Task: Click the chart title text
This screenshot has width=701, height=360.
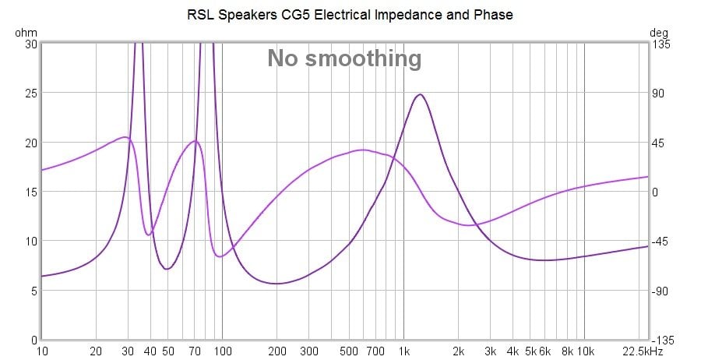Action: coord(350,15)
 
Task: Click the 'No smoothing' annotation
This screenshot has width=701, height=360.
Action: coord(344,58)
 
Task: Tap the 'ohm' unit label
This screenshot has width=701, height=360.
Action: coord(25,33)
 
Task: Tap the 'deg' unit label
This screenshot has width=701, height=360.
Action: coord(659,33)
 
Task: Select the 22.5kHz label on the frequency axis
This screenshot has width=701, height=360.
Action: coord(644,351)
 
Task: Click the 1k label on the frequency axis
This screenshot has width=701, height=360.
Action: coord(404,351)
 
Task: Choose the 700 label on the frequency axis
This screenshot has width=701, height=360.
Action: coord(376,351)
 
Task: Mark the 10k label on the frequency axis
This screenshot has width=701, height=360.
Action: coord(585,351)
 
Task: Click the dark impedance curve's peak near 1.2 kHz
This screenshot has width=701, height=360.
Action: coord(420,94)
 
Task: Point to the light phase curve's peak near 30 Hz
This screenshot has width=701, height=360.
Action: coord(125,137)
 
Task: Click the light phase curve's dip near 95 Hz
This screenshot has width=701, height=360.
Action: coord(220,256)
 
